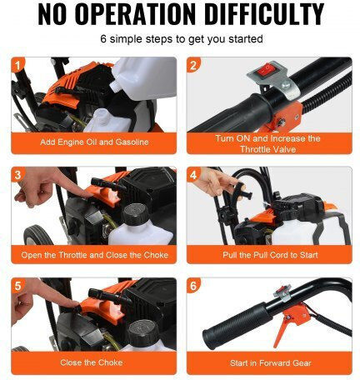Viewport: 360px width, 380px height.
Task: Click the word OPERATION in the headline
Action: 135,14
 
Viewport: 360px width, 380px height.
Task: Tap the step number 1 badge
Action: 18,65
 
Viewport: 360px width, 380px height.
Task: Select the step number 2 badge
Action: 193,65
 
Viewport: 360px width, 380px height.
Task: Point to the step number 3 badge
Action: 18,175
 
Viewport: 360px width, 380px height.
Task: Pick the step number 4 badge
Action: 193,175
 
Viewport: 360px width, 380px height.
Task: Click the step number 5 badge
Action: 18,285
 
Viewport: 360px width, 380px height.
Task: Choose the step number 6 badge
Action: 193,285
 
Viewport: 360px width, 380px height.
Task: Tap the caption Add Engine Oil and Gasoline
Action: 94,142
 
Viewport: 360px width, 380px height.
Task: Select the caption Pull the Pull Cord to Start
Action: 270,255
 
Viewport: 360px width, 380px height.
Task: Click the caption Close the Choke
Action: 92,362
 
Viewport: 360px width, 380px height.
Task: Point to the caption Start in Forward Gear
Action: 270,363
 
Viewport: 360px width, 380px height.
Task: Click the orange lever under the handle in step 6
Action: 280,331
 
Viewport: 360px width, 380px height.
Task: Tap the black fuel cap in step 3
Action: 137,214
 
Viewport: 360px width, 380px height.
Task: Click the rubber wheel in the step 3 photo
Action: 38,235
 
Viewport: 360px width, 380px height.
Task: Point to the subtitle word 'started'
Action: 246,39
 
